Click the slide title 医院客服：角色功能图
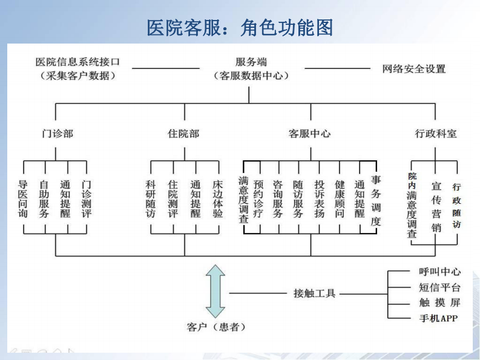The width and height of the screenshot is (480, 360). click(x=240, y=27)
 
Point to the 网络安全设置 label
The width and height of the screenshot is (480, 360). click(x=413, y=69)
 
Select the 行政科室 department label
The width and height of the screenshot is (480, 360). click(x=435, y=133)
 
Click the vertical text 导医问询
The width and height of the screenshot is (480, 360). click(x=23, y=199)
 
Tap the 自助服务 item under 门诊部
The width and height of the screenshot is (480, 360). click(x=44, y=199)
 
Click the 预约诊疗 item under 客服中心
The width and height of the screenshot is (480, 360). click(x=258, y=199)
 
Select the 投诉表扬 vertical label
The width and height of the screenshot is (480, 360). click(x=319, y=199)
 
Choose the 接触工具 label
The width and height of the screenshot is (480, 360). click(x=314, y=293)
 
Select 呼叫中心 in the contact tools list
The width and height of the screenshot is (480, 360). click(x=439, y=272)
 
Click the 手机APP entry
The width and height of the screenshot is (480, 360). click(x=438, y=318)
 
